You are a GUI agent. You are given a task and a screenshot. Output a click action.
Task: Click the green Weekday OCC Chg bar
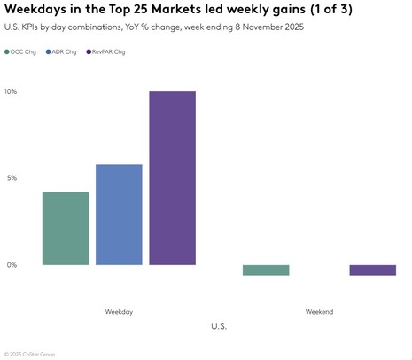pyautogui.click(x=66, y=228)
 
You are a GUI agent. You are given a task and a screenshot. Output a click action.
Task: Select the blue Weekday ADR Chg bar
pyautogui.click(x=119, y=215)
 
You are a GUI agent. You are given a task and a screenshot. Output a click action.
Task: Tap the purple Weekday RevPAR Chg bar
pyautogui.click(x=172, y=178)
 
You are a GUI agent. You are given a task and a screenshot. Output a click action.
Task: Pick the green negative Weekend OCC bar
pyautogui.click(x=266, y=270)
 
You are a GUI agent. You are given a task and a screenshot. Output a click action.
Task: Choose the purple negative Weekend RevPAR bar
pyautogui.click(x=372, y=270)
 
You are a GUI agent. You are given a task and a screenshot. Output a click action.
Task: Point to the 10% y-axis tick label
pyautogui.click(x=11, y=91)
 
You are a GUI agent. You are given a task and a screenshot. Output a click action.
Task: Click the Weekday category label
pyautogui.click(x=119, y=312)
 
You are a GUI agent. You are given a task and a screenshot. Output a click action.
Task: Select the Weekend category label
pyautogui.click(x=319, y=312)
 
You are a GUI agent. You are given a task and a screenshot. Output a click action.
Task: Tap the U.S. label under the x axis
pyautogui.click(x=219, y=327)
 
